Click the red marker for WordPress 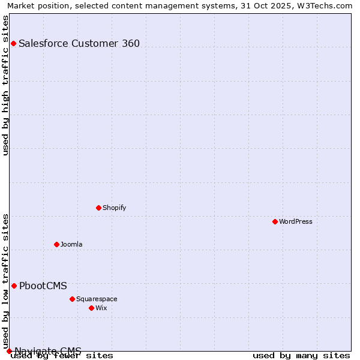[x=275, y=221]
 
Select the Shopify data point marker [x=98, y=208]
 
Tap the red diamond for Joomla [x=56, y=244]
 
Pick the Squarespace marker [x=72, y=299]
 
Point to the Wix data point [x=91, y=308]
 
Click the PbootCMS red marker [x=14, y=286]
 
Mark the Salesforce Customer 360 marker [x=13, y=43]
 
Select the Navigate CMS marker [x=9, y=351]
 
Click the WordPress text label [x=296, y=221]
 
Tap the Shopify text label [x=114, y=208]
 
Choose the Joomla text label [x=71, y=244]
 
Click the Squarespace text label [x=97, y=299]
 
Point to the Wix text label [x=101, y=308]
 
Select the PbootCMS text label [x=43, y=286]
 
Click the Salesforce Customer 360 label [x=79, y=43]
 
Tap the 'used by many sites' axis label [x=301, y=356]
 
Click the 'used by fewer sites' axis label [x=62, y=356]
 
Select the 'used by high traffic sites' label [x=6, y=85]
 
